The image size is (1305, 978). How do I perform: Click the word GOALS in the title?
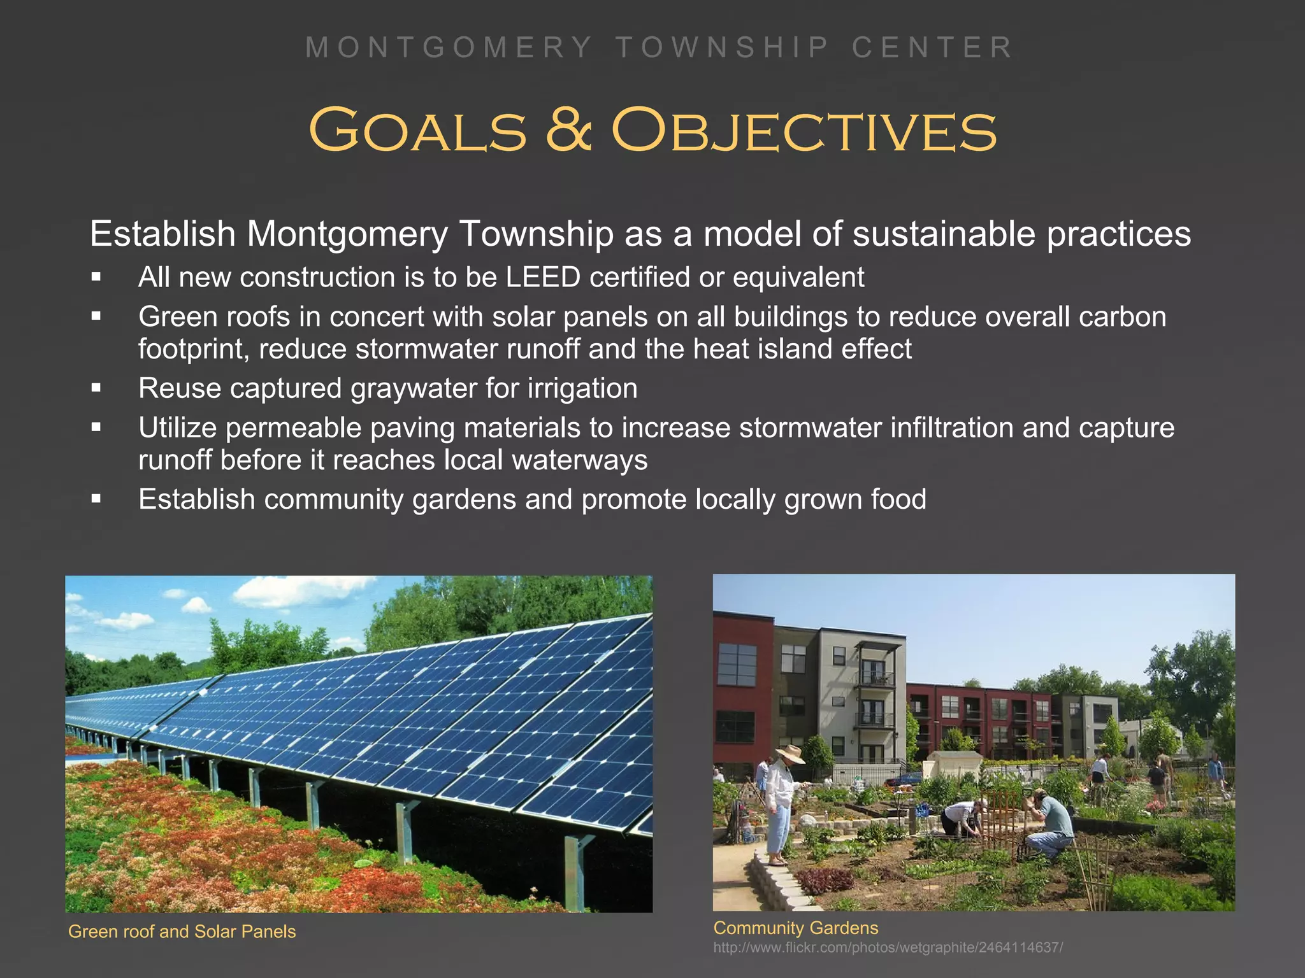point(418,131)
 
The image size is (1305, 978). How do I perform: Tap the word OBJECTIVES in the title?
point(804,131)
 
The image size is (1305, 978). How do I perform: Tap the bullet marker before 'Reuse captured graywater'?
point(96,388)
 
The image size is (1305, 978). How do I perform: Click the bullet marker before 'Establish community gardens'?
point(96,499)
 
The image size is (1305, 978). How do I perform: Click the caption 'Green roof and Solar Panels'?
point(182,932)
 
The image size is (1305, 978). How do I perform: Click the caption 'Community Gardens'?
point(795,928)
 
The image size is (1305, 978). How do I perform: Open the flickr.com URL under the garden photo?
point(888,947)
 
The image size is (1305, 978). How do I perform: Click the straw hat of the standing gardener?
point(789,753)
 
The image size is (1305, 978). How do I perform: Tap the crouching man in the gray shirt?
point(1051,825)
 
